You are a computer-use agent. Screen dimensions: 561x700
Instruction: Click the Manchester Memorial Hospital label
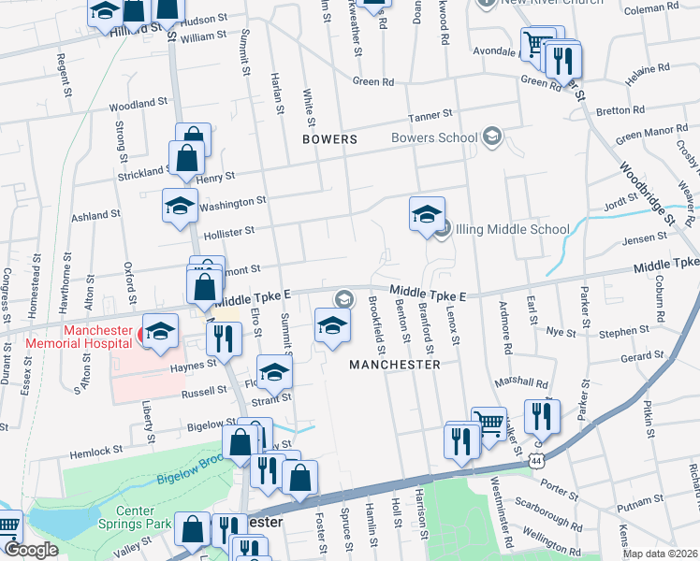(x=96, y=337)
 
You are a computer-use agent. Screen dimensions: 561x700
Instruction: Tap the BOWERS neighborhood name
(x=329, y=139)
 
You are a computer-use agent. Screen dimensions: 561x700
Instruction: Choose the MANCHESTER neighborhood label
(x=394, y=365)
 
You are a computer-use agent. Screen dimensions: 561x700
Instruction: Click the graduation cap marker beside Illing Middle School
(x=427, y=214)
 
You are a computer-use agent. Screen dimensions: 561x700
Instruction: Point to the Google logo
(x=31, y=550)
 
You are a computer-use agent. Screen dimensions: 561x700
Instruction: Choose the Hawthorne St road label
(x=66, y=280)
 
